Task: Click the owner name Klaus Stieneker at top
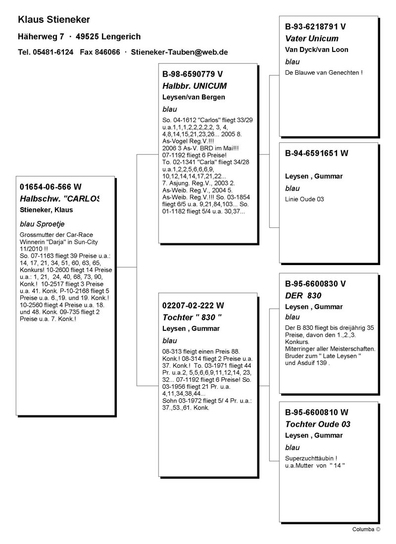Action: pos(53,20)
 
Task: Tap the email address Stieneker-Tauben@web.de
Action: pos(179,52)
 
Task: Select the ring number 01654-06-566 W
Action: pos(50,187)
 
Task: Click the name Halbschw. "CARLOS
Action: pos(59,199)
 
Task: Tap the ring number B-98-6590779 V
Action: pos(193,74)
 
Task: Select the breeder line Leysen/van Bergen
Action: pos(194,97)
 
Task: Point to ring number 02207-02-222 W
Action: pos(193,306)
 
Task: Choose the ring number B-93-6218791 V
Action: pos(315,27)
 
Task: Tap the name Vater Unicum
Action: pos(312,39)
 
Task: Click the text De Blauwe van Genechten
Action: pos(324,73)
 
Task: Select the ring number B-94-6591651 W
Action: pos(317,153)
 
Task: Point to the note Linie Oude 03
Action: pos(304,199)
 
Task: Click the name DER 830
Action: pos(303,296)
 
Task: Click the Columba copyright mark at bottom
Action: pos(366,529)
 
